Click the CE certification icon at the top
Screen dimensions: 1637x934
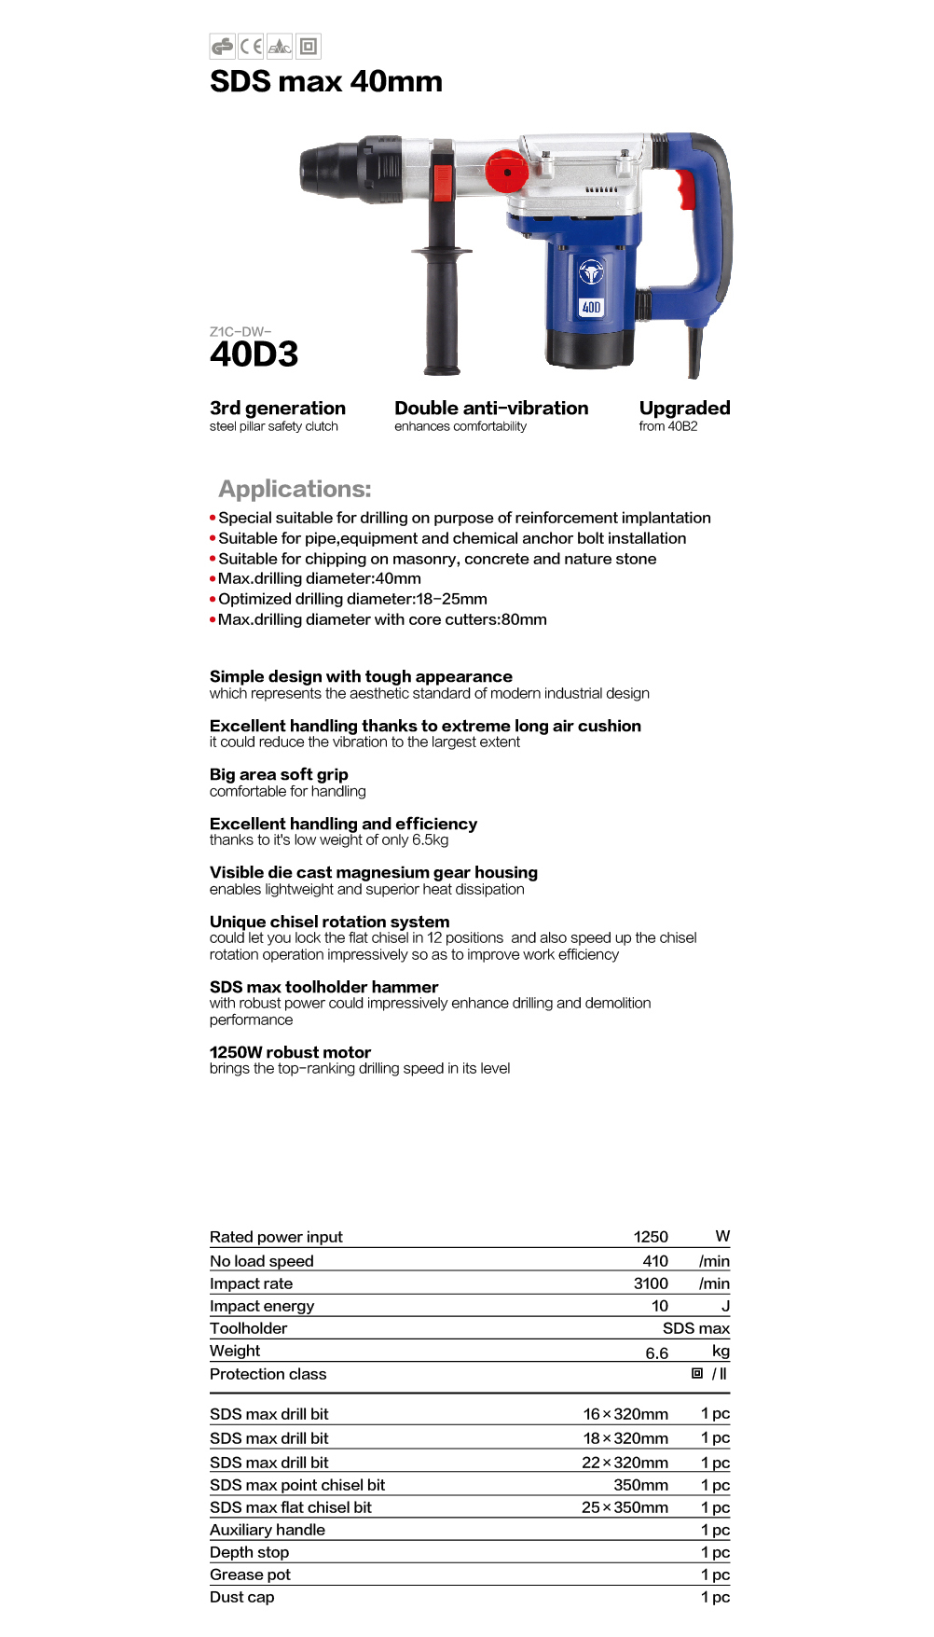pyautogui.click(x=251, y=46)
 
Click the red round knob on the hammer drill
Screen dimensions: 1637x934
pyautogui.click(x=506, y=172)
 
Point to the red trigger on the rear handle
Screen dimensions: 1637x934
pyautogui.click(x=686, y=190)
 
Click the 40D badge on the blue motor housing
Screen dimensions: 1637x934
pyautogui.click(x=591, y=307)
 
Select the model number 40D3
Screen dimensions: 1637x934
pyautogui.click(x=254, y=354)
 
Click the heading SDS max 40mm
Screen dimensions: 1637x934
pyautogui.click(x=326, y=82)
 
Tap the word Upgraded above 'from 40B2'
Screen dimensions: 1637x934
pyautogui.click(x=684, y=408)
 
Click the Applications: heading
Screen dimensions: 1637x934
pyautogui.click(x=295, y=489)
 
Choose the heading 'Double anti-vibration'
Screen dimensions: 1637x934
pyautogui.click(x=491, y=408)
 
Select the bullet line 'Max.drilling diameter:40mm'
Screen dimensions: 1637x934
pyautogui.click(x=320, y=578)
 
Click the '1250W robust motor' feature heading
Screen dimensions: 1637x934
pyautogui.click(x=290, y=1052)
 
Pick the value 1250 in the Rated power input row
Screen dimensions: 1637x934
pyautogui.click(x=651, y=1237)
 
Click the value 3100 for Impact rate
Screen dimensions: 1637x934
pyautogui.click(x=651, y=1283)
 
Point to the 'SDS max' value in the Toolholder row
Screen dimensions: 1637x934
pyautogui.click(x=695, y=1328)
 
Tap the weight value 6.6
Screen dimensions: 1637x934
pyautogui.click(x=656, y=1353)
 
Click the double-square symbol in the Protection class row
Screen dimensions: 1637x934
pyautogui.click(x=697, y=1373)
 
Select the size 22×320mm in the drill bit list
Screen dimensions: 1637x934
pyautogui.click(x=625, y=1463)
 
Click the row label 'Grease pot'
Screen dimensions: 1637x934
pyautogui.click(x=250, y=1575)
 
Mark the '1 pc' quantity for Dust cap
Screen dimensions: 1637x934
pyautogui.click(x=715, y=1597)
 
